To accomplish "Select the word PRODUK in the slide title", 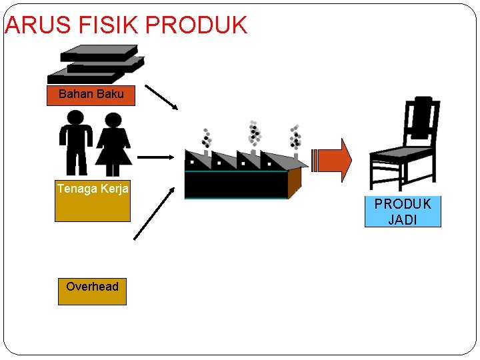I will coord(195,25).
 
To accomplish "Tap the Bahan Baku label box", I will coord(91,95).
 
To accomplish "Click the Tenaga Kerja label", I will coord(93,189).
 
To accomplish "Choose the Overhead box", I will coord(92,290).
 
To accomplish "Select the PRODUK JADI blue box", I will coord(403,212).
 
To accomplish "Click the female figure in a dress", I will coord(113,143).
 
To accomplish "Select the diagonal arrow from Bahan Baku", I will coord(162,97).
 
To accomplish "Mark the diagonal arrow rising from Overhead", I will coord(154,213).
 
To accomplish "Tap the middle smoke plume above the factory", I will coord(254,133).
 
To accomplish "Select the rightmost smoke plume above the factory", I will coord(295,137).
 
